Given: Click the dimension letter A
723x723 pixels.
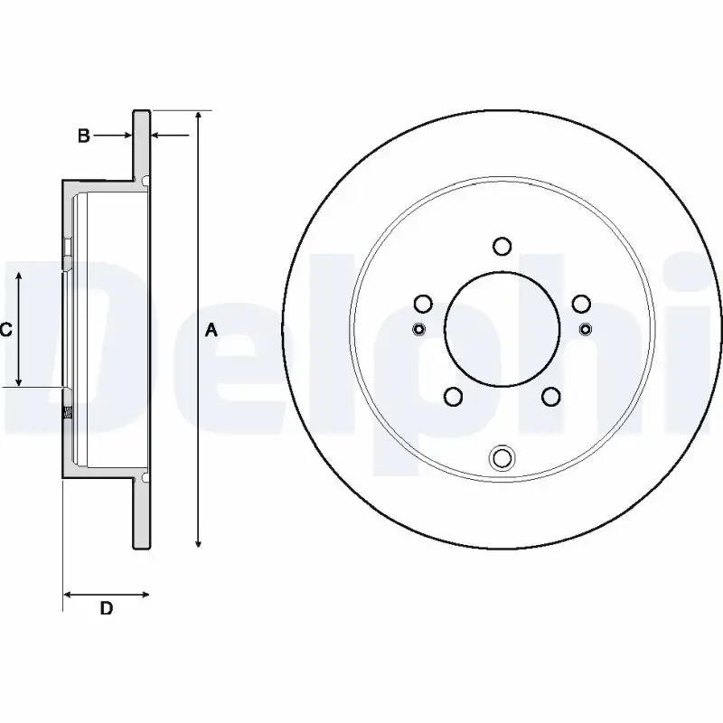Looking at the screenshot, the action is tap(211, 330).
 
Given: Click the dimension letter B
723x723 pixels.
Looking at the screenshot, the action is tap(83, 136).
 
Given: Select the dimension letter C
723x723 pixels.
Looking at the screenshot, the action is tap(5, 330).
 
